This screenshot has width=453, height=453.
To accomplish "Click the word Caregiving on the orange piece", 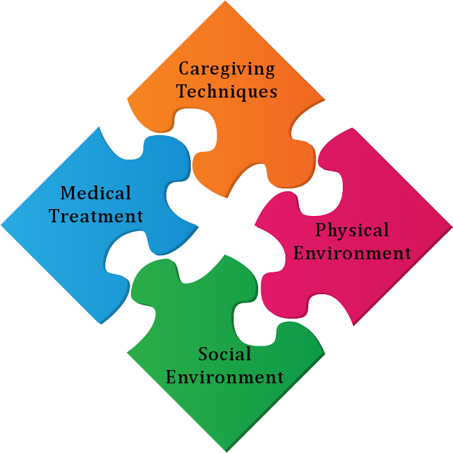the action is point(227,69).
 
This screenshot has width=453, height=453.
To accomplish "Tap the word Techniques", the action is point(227,91).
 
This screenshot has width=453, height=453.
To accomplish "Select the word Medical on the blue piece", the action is point(95,192).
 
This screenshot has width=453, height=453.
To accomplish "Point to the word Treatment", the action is point(95,216).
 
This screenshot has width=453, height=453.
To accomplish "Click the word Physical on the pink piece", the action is point(352,230).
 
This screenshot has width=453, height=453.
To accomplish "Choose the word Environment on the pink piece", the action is point(352,253).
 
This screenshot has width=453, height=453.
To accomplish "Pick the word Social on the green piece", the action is point(224,354).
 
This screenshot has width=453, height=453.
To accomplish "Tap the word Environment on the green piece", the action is point(224,377).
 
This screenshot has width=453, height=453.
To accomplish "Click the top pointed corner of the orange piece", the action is point(225,1).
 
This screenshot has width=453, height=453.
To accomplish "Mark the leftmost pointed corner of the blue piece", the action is point(1,225).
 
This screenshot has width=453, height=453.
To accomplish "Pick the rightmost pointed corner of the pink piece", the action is point(452,227).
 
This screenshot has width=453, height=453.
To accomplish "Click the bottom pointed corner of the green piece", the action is point(227,452).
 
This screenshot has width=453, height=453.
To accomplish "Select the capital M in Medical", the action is point(69,192).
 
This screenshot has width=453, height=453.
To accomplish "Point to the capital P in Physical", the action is point(321,230).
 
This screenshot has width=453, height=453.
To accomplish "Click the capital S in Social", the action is point(204,354).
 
